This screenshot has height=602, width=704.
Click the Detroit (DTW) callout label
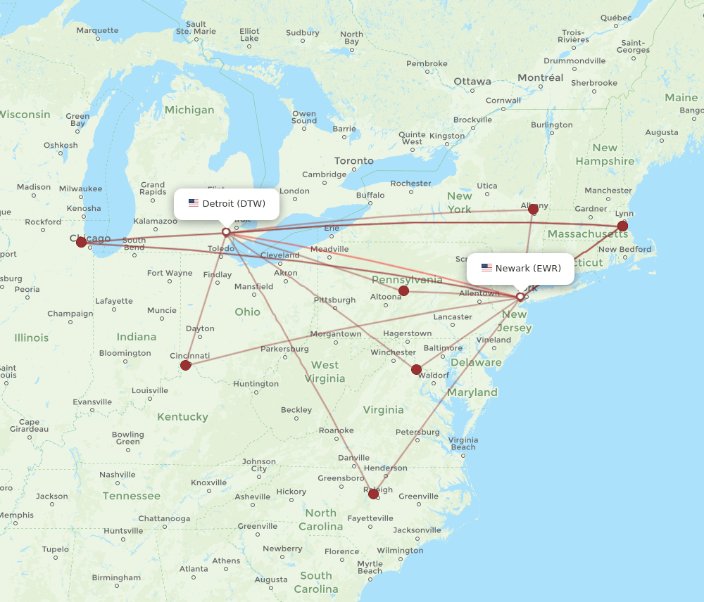pos(227,204)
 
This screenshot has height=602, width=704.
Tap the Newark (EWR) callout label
pos(521,268)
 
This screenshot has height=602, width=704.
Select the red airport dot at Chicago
pos(82,242)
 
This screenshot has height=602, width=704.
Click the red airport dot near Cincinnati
pos(185,365)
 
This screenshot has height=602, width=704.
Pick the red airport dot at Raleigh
pos(373,494)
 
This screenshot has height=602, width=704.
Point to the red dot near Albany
pos(533,209)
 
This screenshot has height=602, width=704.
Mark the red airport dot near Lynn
pos(622,226)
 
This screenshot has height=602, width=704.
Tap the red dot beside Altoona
pos(403,290)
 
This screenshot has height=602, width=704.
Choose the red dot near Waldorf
pos(416,369)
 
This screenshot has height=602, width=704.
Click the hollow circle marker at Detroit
pos(226,231)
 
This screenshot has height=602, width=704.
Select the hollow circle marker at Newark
pos(520,297)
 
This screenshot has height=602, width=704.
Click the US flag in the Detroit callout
pos(194,204)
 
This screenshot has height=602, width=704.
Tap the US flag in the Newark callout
pos(486,268)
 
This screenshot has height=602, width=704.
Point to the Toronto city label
pos(354,161)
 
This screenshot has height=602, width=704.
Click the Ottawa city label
pos(472,82)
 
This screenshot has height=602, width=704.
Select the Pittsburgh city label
pos(334,300)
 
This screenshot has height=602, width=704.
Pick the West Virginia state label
pos(325,372)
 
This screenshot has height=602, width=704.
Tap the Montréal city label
pos(541,78)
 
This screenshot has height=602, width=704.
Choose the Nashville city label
pos(117,475)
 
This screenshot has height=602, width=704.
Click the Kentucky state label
pos(182,417)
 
